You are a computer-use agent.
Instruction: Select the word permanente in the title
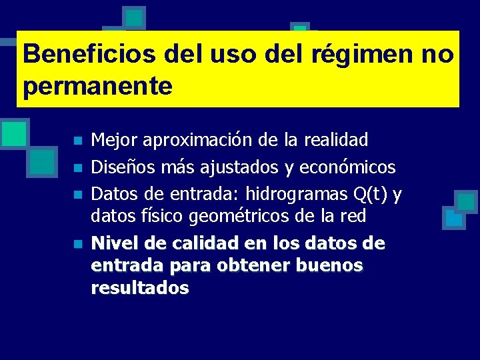click(x=97, y=86)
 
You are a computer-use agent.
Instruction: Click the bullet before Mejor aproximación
click(x=77, y=141)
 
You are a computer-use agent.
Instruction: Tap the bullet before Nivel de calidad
click(x=77, y=245)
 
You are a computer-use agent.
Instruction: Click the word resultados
click(x=140, y=288)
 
